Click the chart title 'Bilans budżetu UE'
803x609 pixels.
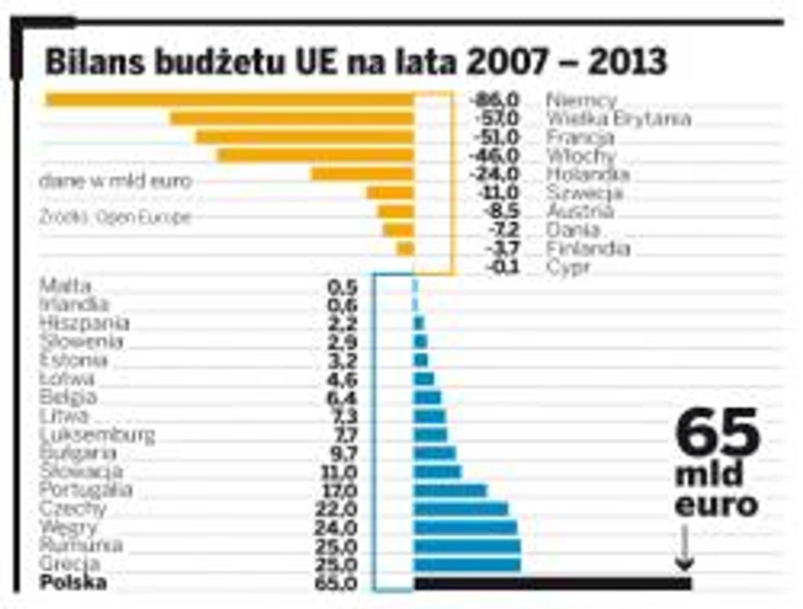point(354,62)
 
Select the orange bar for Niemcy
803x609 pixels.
point(229,99)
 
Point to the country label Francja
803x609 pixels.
point(582,137)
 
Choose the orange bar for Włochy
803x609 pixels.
point(315,154)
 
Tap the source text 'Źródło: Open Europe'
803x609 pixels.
point(115,217)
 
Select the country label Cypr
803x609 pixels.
point(569,267)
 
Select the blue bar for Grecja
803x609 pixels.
point(467,564)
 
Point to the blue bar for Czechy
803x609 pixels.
point(461,508)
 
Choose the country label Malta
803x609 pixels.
point(66,286)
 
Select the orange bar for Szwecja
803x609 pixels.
point(390,192)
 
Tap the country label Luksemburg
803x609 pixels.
point(97,435)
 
